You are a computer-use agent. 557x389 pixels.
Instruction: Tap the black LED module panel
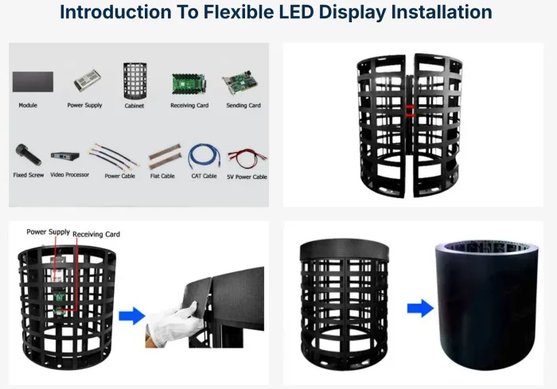[33, 81]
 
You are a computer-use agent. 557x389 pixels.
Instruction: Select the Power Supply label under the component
[84, 105]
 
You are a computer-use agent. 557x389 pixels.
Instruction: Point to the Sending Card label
[243, 105]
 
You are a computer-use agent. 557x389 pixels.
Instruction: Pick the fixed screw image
[23, 153]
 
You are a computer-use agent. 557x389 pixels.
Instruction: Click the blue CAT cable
[204, 155]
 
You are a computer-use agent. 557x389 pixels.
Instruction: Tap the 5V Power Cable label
[247, 177]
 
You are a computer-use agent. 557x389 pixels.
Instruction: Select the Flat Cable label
[162, 176]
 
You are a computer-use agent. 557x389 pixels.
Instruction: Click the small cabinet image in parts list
[134, 80]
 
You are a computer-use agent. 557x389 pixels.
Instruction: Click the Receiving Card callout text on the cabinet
[96, 235]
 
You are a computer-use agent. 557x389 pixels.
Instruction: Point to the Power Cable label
[119, 176]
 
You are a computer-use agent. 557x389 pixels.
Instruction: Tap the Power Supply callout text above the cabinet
[48, 231]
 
